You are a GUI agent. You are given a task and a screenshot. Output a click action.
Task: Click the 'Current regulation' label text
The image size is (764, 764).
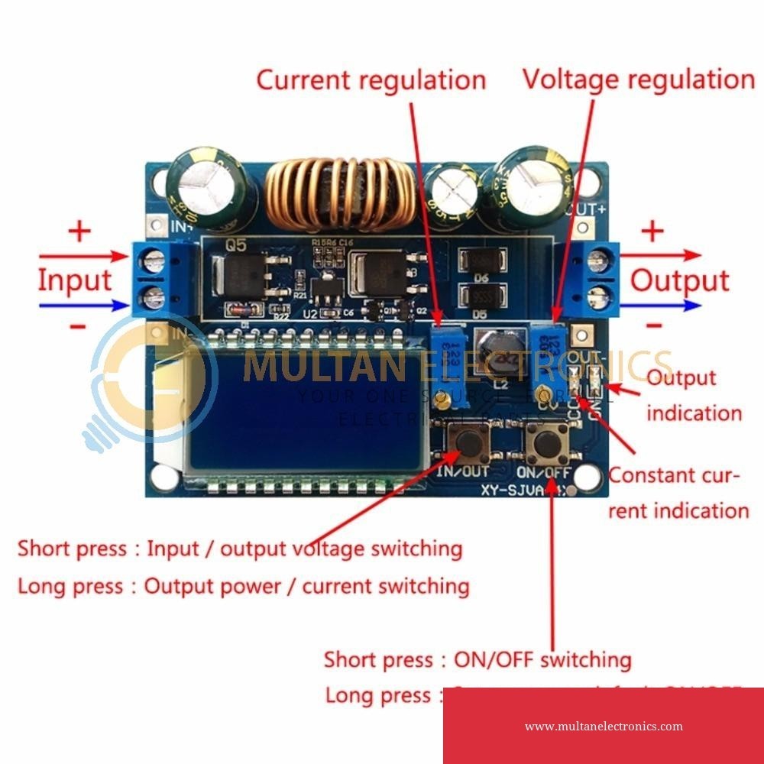tap(371, 79)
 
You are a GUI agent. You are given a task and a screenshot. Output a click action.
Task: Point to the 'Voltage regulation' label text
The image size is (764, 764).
tap(638, 79)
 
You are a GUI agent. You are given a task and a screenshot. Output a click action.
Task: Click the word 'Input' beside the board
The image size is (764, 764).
tap(75, 280)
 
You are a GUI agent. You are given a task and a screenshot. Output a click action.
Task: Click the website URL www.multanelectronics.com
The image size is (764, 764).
tap(604, 727)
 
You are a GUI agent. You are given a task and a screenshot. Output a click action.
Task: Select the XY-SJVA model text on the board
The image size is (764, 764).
tap(519, 488)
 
